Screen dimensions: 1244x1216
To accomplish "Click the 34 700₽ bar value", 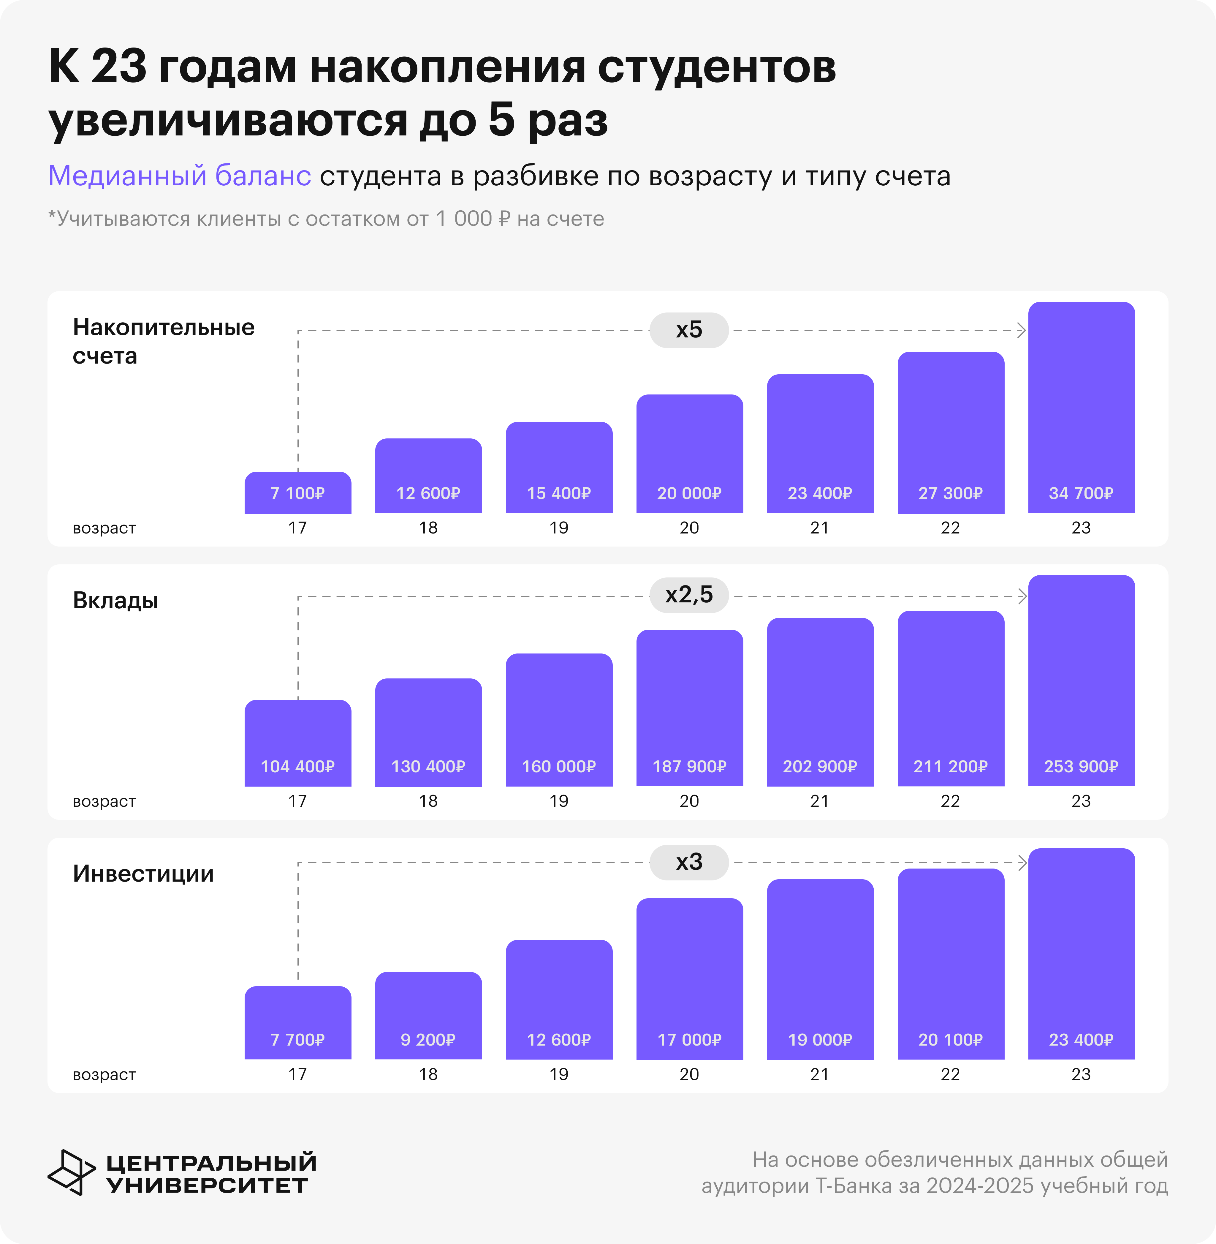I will click(1081, 493).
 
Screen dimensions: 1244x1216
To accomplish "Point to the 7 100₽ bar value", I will click(297, 493).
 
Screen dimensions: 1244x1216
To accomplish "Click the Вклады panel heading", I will click(115, 601).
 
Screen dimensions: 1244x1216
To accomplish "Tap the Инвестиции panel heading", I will click(143, 873).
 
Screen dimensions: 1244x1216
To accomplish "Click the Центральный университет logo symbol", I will click(70, 1172).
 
